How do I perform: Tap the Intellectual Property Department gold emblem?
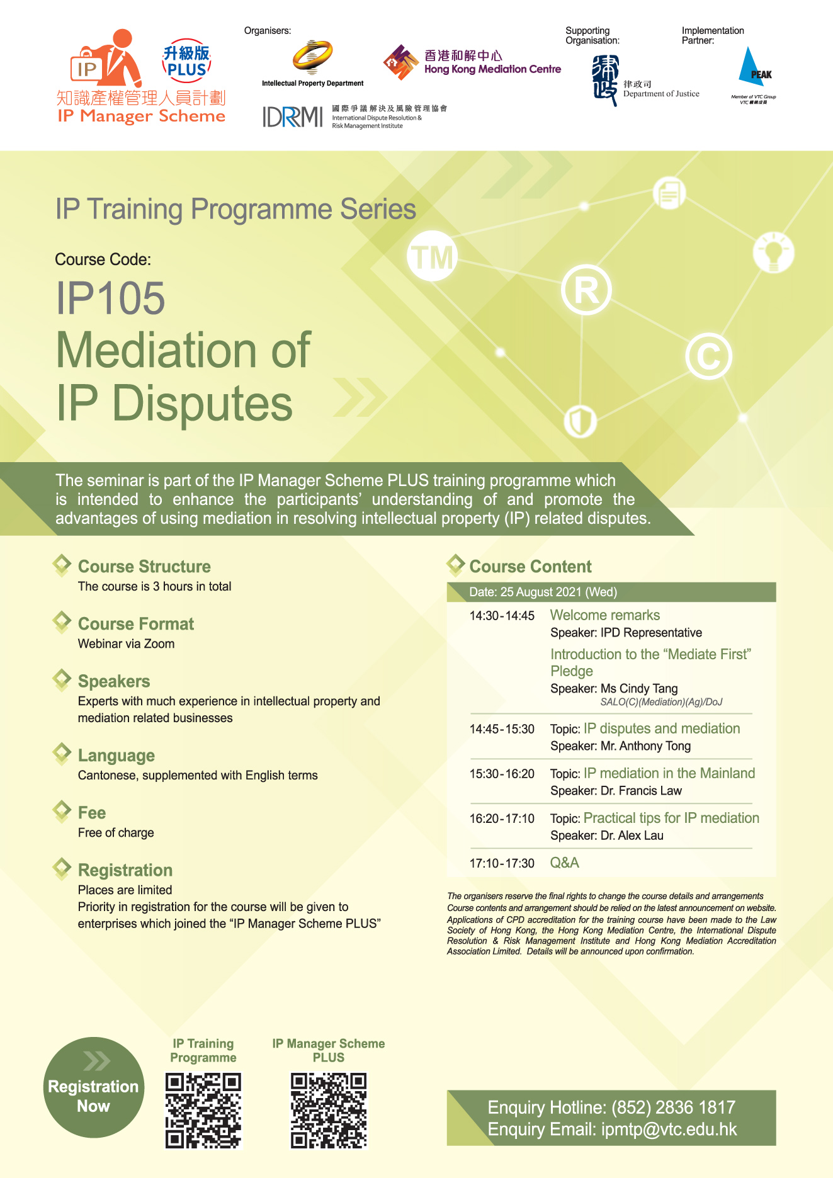click(x=312, y=58)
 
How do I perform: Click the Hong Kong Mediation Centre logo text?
click(x=492, y=62)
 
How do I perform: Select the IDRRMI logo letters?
click(x=293, y=116)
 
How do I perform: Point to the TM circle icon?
click(x=432, y=256)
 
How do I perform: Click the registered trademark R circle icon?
click(x=586, y=290)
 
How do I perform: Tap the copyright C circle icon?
click(x=708, y=356)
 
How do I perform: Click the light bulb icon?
click(x=773, y=252)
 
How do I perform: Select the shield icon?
click(x=580, y=421)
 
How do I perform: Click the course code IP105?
click(x=110, y=298)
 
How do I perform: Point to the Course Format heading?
click(x=136, y=624)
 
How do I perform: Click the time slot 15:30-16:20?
click(x=502, y=774)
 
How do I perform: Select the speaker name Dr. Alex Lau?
click(x=632, y=835)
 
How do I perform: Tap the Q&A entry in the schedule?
click(x=565, y=863)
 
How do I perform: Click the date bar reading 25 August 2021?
click(x=611, y=592)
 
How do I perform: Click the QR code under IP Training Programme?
click(x=203, y=1111)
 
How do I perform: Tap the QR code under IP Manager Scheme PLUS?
click(x=329, y=1111)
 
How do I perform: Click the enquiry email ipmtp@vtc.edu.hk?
click(x=669, y=1130)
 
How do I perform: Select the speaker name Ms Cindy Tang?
click(x=639, y=688)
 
